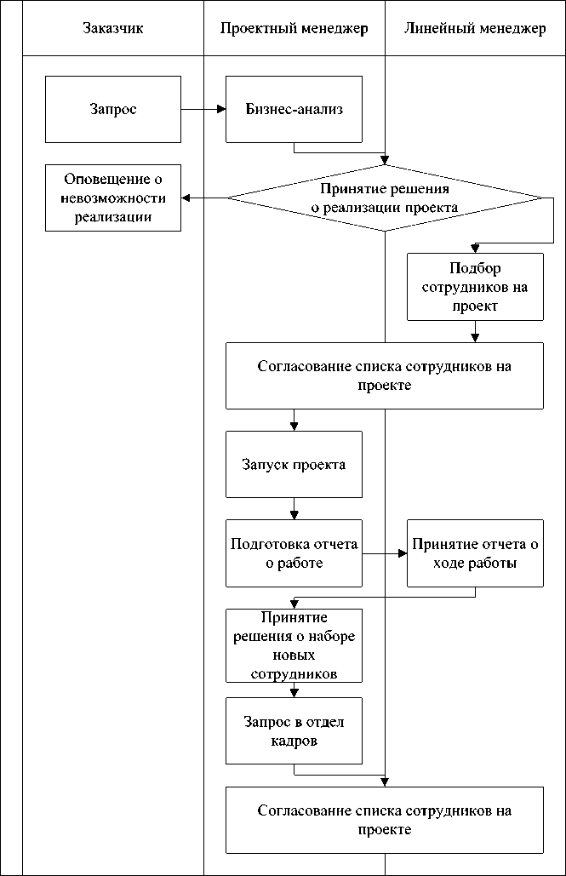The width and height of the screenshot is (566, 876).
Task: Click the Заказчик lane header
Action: [x=112, y=29]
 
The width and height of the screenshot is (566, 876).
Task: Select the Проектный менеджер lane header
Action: [x=294, y=29]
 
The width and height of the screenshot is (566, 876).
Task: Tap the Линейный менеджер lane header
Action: [x=475, y=29]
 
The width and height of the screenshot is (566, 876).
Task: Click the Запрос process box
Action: [x=113, y=109]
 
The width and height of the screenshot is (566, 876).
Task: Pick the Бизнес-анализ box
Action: [x=294, y=109]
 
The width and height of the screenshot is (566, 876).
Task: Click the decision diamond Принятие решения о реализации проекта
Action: [x=385, y=198]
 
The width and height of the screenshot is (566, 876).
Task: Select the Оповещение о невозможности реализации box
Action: [x=113, y=198]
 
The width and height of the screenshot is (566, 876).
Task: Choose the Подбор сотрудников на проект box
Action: [x=475, y=286]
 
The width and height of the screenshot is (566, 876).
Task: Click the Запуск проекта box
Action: [x=294, y=465]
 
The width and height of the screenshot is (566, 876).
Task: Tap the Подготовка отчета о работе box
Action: [x=294, y=553]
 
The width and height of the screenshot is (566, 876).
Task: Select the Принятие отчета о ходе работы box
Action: [x=475, y=553]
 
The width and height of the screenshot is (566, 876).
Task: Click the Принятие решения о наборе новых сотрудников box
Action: [x=294, y=644]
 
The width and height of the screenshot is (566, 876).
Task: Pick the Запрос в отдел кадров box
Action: [x=294, y=730]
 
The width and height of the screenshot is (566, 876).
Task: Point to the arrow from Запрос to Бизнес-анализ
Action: [x=203, y=109]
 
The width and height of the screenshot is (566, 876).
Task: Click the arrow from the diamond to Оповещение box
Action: [x=204, y=198]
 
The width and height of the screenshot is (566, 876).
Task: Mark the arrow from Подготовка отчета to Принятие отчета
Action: [x=385, y=553]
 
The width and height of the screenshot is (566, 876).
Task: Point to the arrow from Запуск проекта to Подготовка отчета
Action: [x=294, y=508]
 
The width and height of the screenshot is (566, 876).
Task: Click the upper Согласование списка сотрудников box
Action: [x=385, y=375]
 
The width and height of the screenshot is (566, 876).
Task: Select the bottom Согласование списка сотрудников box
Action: [x=385, y=820]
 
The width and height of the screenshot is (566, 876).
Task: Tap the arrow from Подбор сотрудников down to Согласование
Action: [x=475, y=331]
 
